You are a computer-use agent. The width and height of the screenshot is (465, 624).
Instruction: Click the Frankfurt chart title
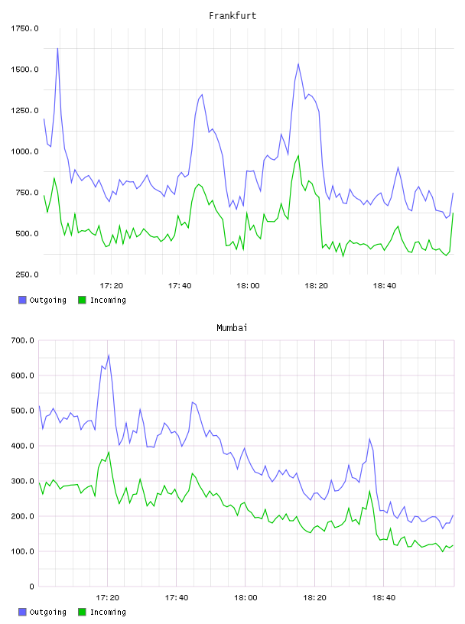point(232,15)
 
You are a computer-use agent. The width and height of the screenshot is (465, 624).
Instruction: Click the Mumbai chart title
point(232,327)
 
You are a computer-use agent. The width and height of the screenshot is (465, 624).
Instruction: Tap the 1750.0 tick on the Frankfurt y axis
point(24,28)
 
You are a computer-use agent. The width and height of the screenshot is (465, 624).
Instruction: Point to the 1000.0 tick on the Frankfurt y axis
point(24,151)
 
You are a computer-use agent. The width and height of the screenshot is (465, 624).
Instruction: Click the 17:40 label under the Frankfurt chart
point(180,285)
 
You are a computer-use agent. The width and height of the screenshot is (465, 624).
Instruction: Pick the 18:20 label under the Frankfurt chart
point(316,285)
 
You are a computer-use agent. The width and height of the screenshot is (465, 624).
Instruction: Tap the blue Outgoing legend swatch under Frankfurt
point(22,300)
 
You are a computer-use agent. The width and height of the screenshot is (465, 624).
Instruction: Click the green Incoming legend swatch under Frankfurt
point(82,300)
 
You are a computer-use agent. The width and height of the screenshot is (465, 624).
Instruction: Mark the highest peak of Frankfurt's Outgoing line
point(57,48)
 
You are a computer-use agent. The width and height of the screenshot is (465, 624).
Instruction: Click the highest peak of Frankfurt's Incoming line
point(298,155)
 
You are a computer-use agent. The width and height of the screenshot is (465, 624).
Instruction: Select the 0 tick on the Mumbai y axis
point(31,587)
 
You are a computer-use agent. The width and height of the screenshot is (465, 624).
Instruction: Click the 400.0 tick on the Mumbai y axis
point(22,446)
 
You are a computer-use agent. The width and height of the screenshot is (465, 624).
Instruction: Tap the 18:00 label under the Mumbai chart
point(246,597)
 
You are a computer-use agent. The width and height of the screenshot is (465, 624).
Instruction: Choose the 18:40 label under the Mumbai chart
point(384,597)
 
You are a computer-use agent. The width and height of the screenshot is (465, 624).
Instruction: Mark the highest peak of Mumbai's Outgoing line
point(109,355)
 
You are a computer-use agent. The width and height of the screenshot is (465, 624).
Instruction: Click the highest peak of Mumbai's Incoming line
point(109,452)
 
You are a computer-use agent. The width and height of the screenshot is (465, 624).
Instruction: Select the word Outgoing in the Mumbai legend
point(47,612)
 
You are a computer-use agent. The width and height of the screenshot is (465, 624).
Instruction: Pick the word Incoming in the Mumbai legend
point(108,612)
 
